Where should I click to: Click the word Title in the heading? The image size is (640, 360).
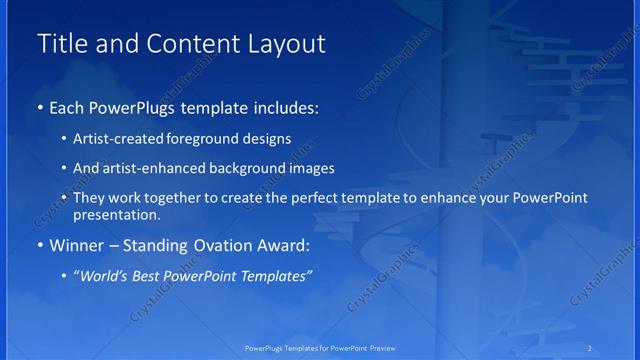click(62, 44)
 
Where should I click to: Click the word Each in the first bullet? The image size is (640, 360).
click(67, 108)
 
